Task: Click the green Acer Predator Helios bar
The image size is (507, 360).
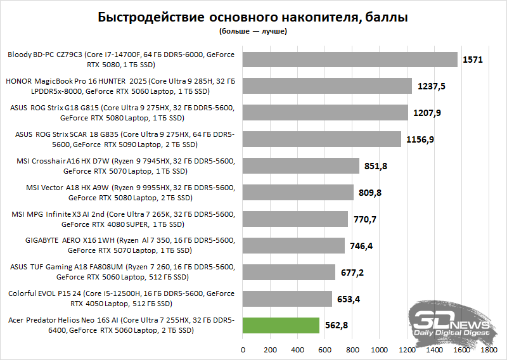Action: coord(281,325)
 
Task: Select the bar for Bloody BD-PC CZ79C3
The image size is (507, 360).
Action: coord(350,60)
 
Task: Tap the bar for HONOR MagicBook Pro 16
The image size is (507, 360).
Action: coord(327,86)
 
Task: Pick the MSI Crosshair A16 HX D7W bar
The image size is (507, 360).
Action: coord(300,166)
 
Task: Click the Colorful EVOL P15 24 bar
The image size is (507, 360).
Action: coord(287,299)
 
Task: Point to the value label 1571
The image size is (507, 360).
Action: coord(473,60)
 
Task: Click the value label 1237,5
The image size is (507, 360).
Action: coord(432,86)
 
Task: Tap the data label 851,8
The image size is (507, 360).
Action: coord(378,166)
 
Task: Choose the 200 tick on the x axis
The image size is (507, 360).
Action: coord(270,349)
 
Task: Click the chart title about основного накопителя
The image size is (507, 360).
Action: coord(253,17)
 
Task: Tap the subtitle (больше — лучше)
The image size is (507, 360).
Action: coord(253,30)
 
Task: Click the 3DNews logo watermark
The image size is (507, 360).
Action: coord(451,320)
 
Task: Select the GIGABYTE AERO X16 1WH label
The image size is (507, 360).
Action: coord(122,246)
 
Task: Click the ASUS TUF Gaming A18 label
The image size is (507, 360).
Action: coord(122,272)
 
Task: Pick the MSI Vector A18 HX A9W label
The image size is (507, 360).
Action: coord(122,193)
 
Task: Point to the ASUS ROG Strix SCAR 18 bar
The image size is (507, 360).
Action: coord(321,139)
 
